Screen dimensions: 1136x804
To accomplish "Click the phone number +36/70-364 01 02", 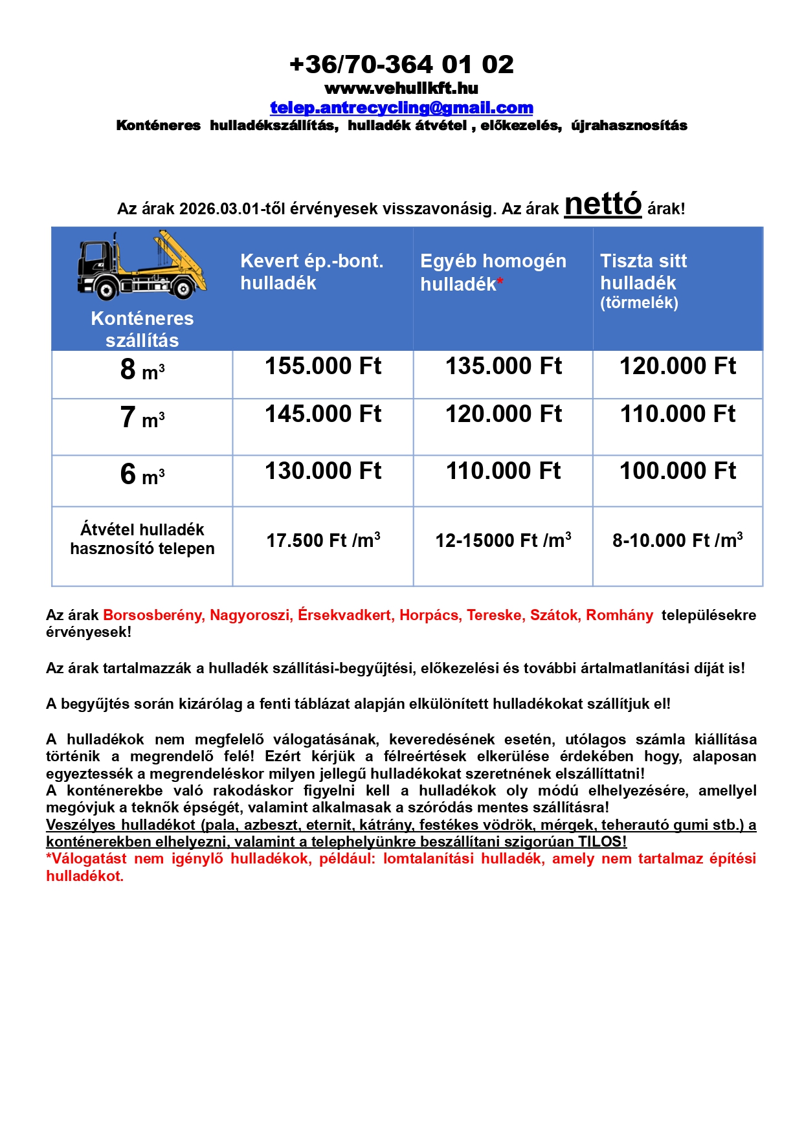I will coord(401,65).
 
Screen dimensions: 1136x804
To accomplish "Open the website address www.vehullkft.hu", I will coord(401,88).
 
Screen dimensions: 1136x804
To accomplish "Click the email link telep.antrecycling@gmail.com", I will coord(401,107).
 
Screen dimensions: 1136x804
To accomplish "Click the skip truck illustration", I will coord(142,266).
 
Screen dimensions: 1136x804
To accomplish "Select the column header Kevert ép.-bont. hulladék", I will coord(311,272).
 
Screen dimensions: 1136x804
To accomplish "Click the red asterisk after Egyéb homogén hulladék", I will coord(500,282).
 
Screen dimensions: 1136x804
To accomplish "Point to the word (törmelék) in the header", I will coord(639,303).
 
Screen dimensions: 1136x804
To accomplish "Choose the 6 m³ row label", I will coord(142,475).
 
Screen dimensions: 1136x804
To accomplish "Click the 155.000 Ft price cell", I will coord(323,366).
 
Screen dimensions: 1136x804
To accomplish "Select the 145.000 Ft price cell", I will coord(323,414).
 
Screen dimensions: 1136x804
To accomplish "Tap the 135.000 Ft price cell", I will coord(504,366).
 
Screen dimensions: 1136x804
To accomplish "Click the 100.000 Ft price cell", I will coord(678,471).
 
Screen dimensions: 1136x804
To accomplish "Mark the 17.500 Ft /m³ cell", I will coord(323,540).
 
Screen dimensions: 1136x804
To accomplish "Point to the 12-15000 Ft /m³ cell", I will coord(504,540).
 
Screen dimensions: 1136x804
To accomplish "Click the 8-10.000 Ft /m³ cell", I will coord(678,540).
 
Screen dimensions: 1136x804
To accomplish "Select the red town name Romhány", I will coord(620,616).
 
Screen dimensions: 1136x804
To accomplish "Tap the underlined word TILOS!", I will coord(602,842).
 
